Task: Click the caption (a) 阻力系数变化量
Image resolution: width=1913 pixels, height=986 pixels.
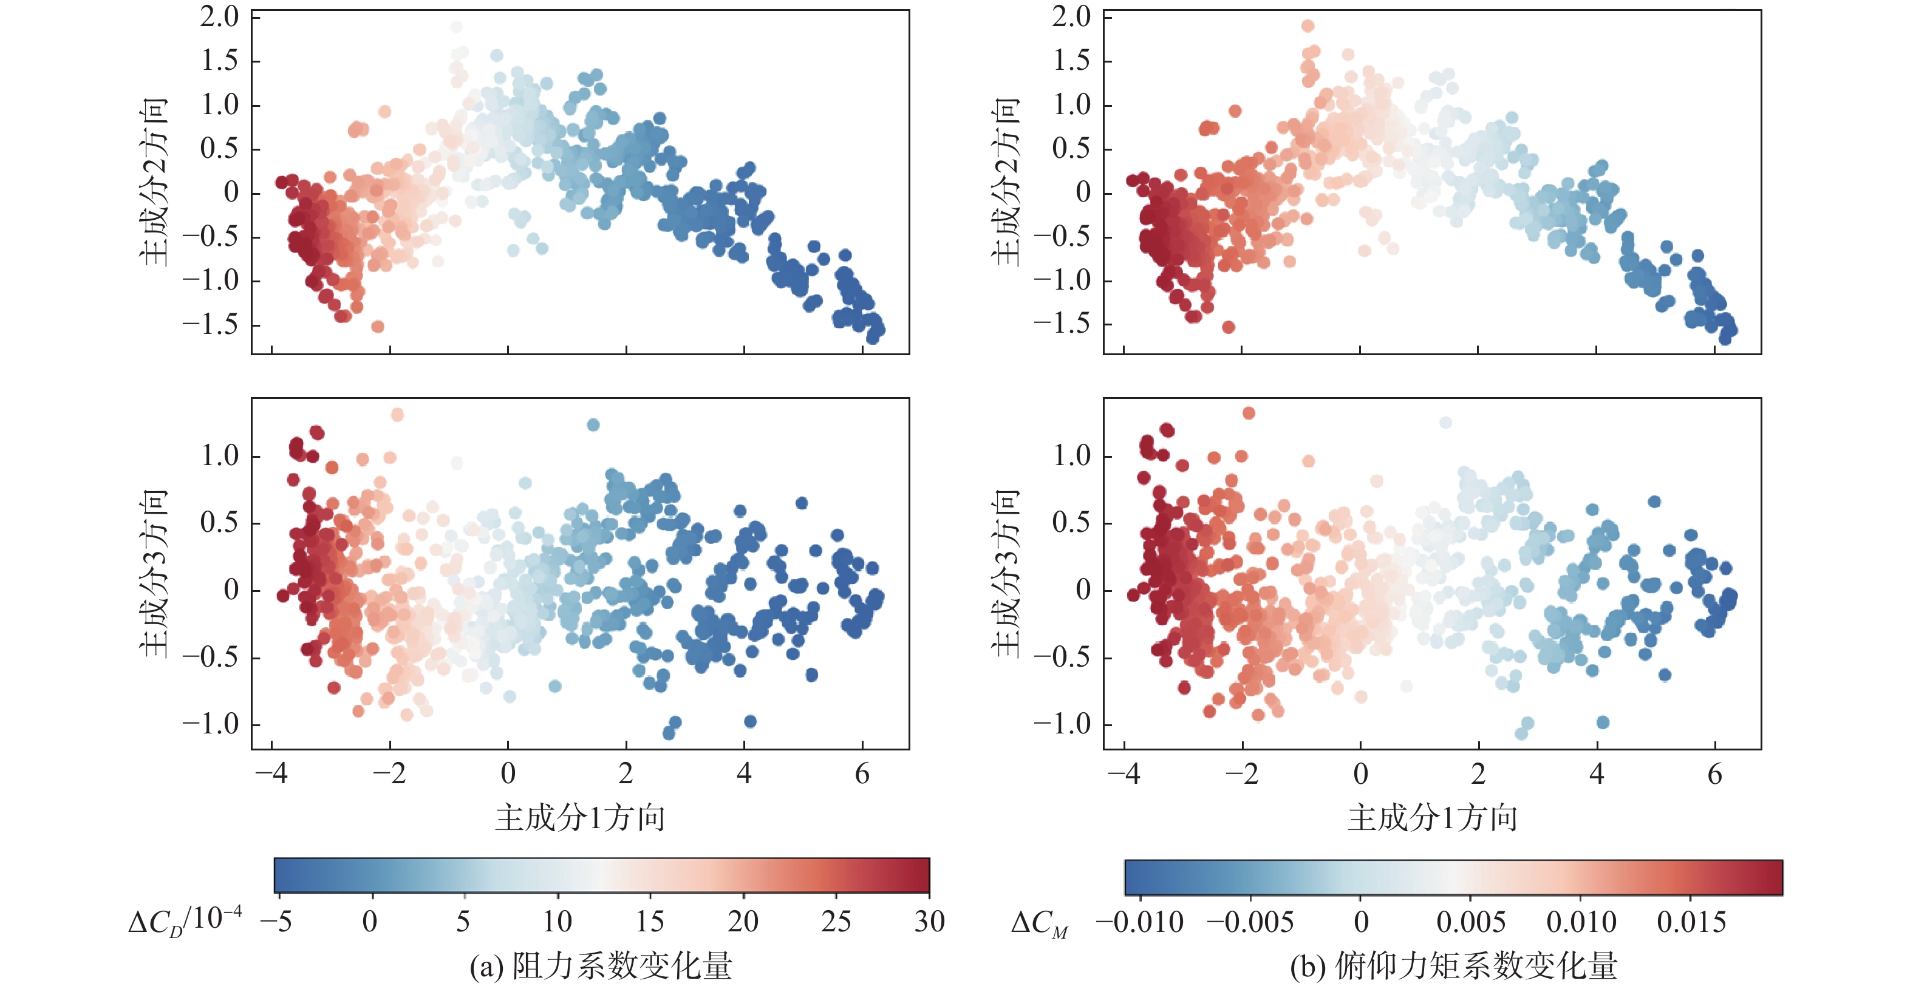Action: tap(601, 966)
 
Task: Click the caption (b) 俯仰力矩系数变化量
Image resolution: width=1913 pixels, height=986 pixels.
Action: tap(1453, 966)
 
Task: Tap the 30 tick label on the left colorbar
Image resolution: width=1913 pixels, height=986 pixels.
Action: tap(929, 922)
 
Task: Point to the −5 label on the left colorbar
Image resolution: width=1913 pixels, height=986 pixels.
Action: tap(276, 922)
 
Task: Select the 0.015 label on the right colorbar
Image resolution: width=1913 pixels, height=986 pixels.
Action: tap(1691, 922)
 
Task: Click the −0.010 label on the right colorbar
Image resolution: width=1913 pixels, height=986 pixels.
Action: tap(1139, 922)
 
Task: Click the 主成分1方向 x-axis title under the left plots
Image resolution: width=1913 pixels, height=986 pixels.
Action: tap(580, 817)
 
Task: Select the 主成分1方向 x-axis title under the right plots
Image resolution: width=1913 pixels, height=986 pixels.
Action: tap(1433, 817)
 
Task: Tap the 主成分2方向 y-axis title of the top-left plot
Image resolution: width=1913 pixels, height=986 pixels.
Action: tap(154, 182)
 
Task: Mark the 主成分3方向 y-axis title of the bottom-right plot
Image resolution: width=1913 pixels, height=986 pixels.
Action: tap(1007, 573)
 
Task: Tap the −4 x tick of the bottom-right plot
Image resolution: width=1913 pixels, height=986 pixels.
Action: tap(1123, 773)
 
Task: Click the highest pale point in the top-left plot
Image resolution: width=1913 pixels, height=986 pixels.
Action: tap(456, 27)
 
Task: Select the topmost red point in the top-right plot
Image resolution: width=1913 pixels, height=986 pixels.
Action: tap(1308, 26)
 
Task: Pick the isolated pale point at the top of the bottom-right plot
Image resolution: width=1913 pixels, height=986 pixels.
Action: tap(1445, 423)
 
